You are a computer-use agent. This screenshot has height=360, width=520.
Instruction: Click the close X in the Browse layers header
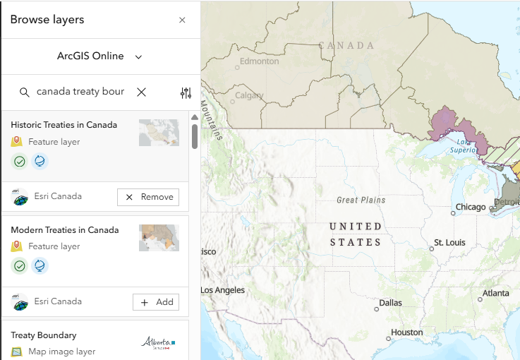(x=182, y=20)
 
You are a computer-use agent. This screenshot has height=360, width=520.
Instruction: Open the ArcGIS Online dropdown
(x=100, y=56)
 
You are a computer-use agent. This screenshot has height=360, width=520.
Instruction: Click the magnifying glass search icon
(x=25, y=92)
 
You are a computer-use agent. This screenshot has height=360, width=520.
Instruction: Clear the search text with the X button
(x=141, y=92)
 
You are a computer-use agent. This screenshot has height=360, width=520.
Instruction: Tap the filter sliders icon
(x=186, y=92)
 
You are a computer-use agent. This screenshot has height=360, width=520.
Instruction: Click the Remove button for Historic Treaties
(x=148, y=197)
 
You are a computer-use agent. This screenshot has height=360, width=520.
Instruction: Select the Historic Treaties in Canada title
(x=64, y=125)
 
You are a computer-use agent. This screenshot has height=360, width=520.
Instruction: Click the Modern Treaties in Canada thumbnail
(x=159, y=238)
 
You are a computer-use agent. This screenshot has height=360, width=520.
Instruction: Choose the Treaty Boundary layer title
(x=43, y=335)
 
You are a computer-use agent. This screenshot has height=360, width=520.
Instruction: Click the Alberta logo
(x=158, y=343)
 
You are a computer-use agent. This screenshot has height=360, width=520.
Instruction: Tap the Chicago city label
(x=471, y=208)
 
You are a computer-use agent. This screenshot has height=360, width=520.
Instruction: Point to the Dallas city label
(x=390, y=303)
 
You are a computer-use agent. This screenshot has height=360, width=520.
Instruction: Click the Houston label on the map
(x=406, y=332)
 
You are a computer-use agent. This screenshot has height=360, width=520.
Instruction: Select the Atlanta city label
(x=495, y=293)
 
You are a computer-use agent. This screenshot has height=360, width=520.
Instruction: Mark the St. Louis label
(x=449, y=243)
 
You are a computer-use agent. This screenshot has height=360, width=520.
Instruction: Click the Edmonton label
(x=259, y=61)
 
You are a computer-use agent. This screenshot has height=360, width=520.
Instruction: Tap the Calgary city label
(x=249, y=95)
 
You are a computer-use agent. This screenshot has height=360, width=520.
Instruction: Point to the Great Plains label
(x=361, y=200)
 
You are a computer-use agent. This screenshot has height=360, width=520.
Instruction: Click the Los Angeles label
(x=223, y=290)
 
